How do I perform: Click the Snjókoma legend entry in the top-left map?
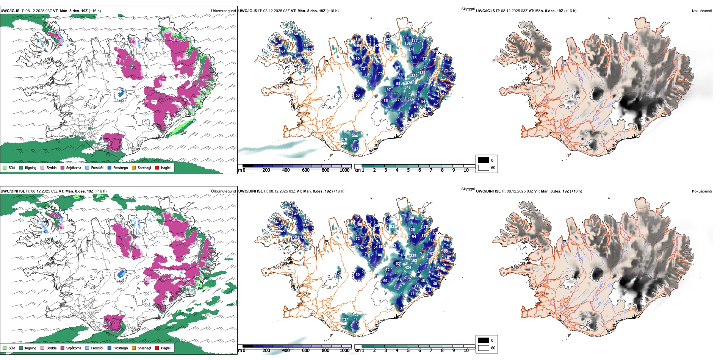pyautogui.click(x=73, y=167)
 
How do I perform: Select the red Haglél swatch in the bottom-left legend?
pyautogui.click(x=157, y=348)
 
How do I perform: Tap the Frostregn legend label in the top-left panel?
pyautogui.click(x=120, y=167)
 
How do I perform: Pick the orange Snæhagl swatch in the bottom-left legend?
pyautogui.click(x=134, y=348)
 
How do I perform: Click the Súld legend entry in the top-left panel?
pyautogui.click(x=12, y=167)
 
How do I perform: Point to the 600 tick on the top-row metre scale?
pyautogui.click(x=305, y=170)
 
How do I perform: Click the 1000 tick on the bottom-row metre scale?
pyautogui.click(x=344, y=351)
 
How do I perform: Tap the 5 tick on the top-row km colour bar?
pyautogui.click(x=408, y=170)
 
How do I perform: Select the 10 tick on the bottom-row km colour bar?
pyautogui.click(x=466, y=351)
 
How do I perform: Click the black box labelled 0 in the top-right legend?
pyautogui.click(x=484, y=160)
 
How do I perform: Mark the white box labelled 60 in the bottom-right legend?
pyautogui.click(x=484, y=348)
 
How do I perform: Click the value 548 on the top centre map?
pyautogui.click(x=407, y=88)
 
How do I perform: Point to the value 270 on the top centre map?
pyautogui.click(x=344, y=139)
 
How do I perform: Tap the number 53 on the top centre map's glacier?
pyautogui.click(x=357, y=95)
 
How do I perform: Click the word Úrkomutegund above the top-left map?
pyautogui.click(x=223, y=11)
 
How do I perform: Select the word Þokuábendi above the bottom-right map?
pyautogui.click(x=702, y=191)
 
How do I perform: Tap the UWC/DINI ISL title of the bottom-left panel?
pyautogui.click(x=13, y=191)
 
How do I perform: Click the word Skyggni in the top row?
pyautogui.click(x=468, y=9)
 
